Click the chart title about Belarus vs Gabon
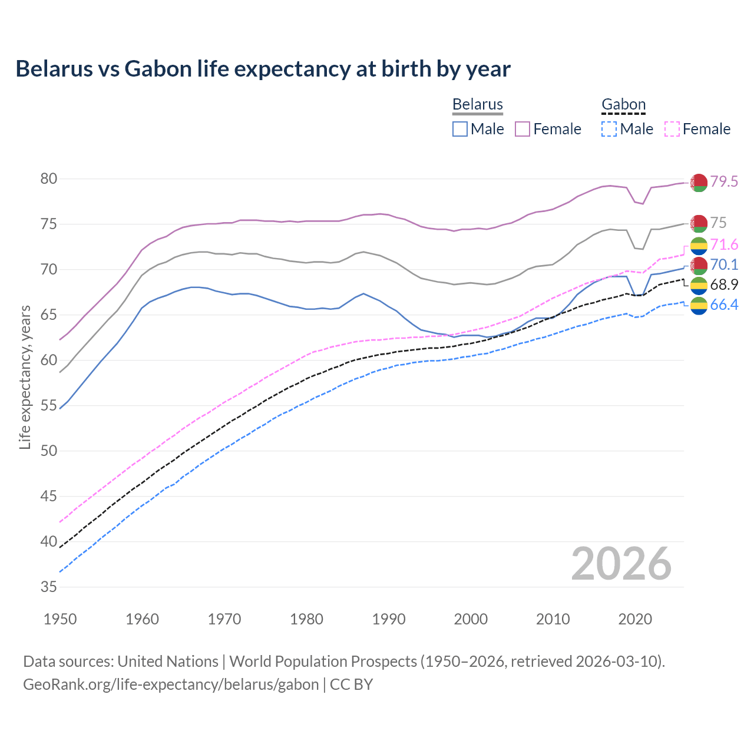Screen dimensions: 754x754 click(263, 69)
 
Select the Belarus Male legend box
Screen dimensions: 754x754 click(460, 129)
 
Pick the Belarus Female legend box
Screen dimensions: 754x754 click(522, 129)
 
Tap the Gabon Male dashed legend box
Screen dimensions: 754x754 click(609, 129)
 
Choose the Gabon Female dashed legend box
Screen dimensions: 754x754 click(672, 129)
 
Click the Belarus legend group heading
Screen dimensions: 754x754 click(477, 104)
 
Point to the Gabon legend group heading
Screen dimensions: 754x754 click(623, 104)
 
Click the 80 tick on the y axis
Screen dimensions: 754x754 click(49, 178)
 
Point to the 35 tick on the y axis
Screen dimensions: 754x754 click(49, 587)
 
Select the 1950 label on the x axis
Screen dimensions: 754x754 click(60, 619)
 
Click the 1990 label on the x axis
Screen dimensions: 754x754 click(389, 619)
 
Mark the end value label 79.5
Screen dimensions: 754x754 click(724, 181)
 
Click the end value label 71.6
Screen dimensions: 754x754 click(724, 244)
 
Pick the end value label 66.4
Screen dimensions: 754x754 click(724, 305)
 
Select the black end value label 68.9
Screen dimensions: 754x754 click(724, 285)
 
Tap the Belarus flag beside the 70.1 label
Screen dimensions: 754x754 click(699, 266)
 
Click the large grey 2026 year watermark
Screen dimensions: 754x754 click(621, 564)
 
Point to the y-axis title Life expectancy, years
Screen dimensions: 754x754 click(25, 377)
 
